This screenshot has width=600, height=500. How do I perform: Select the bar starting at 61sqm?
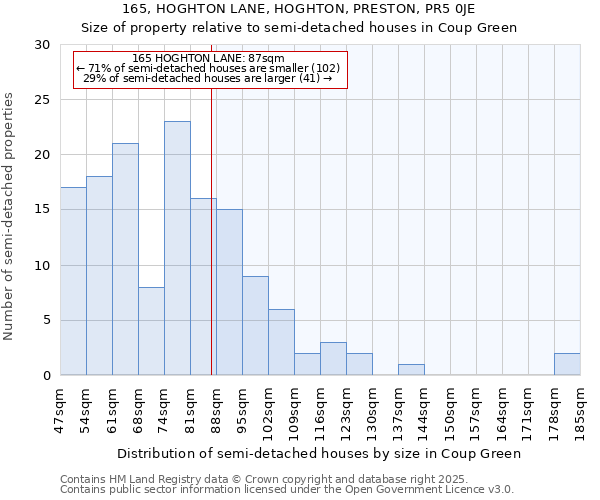pos(125,259)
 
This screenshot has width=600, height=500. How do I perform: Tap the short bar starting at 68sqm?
pos(151,331)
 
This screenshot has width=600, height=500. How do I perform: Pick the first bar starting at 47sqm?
pos(73,281)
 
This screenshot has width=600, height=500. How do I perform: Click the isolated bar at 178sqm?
pos(567,364)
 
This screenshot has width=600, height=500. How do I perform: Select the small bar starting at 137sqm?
pos(411,370)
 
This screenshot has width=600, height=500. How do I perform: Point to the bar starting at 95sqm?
pos(255,325)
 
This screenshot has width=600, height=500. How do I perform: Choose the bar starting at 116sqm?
pos(333,359)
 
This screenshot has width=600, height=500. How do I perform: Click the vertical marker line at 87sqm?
pos(212,230)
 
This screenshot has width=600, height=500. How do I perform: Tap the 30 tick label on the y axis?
pos(42,45)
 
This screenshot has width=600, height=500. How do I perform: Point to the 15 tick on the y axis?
pos(42,210)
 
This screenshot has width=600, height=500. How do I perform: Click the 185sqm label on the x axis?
pos(580,410)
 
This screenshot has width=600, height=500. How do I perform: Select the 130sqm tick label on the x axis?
pos(372,410)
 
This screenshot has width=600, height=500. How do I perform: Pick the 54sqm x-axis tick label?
pos(86,410)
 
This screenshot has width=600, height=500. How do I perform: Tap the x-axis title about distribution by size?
pos(319,453)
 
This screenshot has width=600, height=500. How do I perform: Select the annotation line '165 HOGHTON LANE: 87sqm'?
pos(208,58)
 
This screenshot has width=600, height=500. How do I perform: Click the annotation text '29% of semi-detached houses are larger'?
pos(208,78)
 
